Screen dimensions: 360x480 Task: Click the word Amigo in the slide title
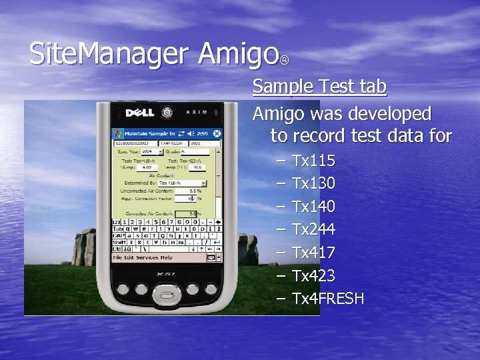(238, 54)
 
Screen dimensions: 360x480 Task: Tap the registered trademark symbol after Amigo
(285, 61)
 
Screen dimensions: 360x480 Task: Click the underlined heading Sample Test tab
(319, 87)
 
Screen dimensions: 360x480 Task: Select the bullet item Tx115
(313, 161)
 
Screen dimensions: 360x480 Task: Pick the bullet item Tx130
(313, 183)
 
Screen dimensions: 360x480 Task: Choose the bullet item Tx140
(313, 207)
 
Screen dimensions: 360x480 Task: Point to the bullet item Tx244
(313, 230)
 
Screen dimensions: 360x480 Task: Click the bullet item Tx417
(313, 253)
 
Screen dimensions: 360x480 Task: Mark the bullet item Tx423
(313, 276)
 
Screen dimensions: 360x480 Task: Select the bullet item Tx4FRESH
(328, 299)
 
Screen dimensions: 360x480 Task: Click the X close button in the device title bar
(217, 133)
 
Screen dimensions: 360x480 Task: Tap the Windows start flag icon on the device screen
(117, 133)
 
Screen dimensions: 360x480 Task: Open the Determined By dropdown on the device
(203, 183)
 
